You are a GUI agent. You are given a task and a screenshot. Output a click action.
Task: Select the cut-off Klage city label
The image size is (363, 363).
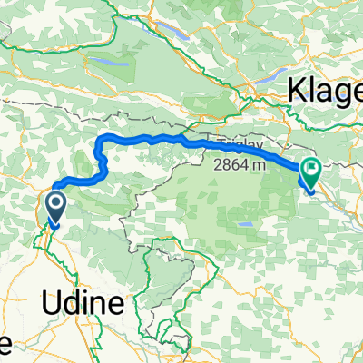tap(326, 91)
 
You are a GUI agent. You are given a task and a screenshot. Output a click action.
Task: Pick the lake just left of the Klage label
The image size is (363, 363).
tap(269, 78)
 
